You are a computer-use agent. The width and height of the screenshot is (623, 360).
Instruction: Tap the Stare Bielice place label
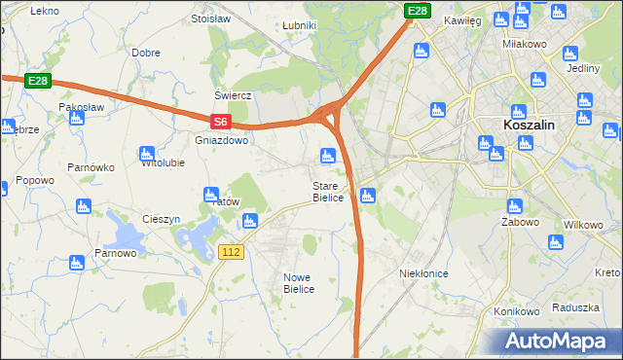[328, 192]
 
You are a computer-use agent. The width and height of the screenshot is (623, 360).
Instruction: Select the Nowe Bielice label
[298, 283]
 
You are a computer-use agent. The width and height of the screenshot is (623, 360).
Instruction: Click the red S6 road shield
[221, 122]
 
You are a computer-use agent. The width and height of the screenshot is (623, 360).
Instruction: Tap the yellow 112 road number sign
[231, 252]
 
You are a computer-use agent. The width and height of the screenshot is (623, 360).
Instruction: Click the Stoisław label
[210, 18]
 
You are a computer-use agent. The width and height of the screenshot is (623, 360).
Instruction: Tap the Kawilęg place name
[463, 19]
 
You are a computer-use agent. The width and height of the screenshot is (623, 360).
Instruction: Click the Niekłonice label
[423, 273]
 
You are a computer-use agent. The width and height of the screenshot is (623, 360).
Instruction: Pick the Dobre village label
[146, 53]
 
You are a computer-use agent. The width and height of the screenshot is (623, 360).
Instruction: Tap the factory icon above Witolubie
[147, 153]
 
